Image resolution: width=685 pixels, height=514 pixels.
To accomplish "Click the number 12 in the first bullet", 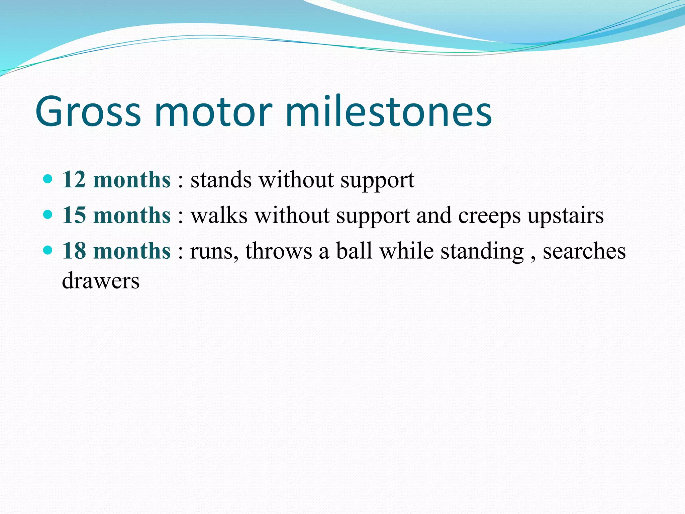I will pyautogui.click(x=74, y=180).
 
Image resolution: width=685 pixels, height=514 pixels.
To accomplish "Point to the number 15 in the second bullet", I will pyautogui.click(x=74, y=215).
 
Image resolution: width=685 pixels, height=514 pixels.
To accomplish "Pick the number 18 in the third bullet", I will pyautogui.click(x=74, y=251).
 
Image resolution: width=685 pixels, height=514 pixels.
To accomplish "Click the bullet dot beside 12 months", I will pyautogui.click(x=48, y=179).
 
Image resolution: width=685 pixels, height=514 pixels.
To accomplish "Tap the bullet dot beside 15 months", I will pyautogui.click(x=48, y=214).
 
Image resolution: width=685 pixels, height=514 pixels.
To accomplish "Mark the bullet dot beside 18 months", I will pyautogui.click(x=48, y=250).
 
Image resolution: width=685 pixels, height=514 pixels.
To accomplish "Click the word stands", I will pyautogui.click(x=221, y=180).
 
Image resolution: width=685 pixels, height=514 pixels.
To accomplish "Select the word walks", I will pyautogui.click(x=219, y=216).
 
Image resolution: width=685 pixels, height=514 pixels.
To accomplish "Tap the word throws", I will pyautogui.click(x=279, y=251).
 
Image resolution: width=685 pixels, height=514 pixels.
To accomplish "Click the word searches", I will pyautogui.click(x=584, y=251).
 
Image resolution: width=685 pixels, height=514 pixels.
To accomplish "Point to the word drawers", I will pyautogui.click(x=101, y=281).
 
